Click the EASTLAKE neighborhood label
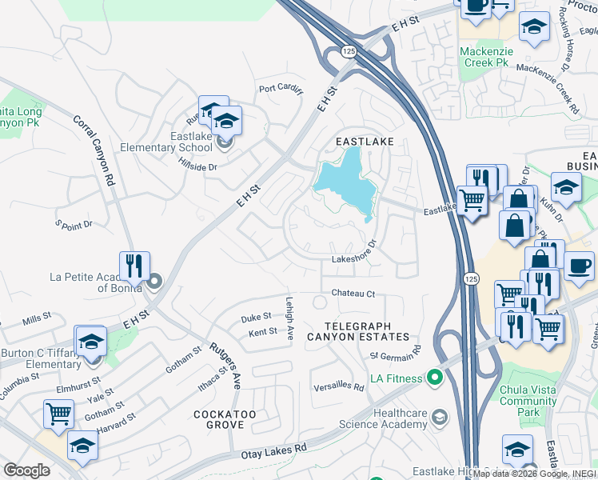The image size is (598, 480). pos(365,141)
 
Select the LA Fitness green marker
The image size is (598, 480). pos(435,376)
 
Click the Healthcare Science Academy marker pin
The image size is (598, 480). pos(439,417)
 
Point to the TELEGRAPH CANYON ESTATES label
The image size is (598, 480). pos(368,331)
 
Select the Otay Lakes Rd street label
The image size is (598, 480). pos(274,452)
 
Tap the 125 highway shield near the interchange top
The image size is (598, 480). pos(348,51)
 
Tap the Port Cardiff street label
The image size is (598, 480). pos(280,90)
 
